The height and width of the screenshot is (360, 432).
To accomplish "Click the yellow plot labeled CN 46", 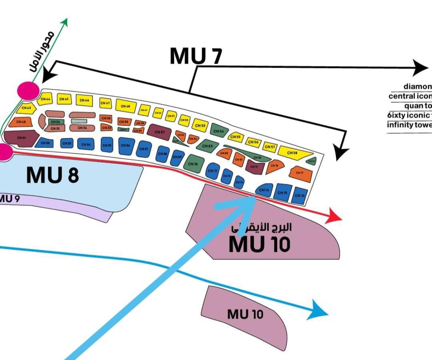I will (x=84, y=100).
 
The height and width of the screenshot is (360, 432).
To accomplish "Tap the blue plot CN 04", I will (x=85, y=145).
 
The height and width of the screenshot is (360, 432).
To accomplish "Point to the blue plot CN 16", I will (x=299, y=195).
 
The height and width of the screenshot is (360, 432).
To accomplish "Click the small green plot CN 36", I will (x=56, y=122).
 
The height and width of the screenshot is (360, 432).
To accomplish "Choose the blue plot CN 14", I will (x=264, y=190).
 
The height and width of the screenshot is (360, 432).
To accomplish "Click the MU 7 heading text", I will (x=196, y=56).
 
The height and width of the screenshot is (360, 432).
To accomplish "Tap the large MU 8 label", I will (x=52, y=175).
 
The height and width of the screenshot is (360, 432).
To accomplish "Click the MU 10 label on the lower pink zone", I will (x=245, y=314).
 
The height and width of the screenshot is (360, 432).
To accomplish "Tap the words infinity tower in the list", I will (x=409, y=124).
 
